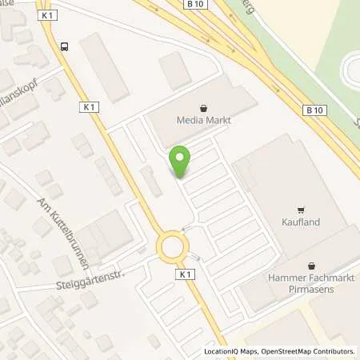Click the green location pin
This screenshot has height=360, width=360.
(181, 162)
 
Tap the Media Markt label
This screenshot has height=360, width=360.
(202, 121)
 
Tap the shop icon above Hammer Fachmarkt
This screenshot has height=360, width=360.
(312, 266)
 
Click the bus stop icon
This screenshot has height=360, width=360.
(65, 46)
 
